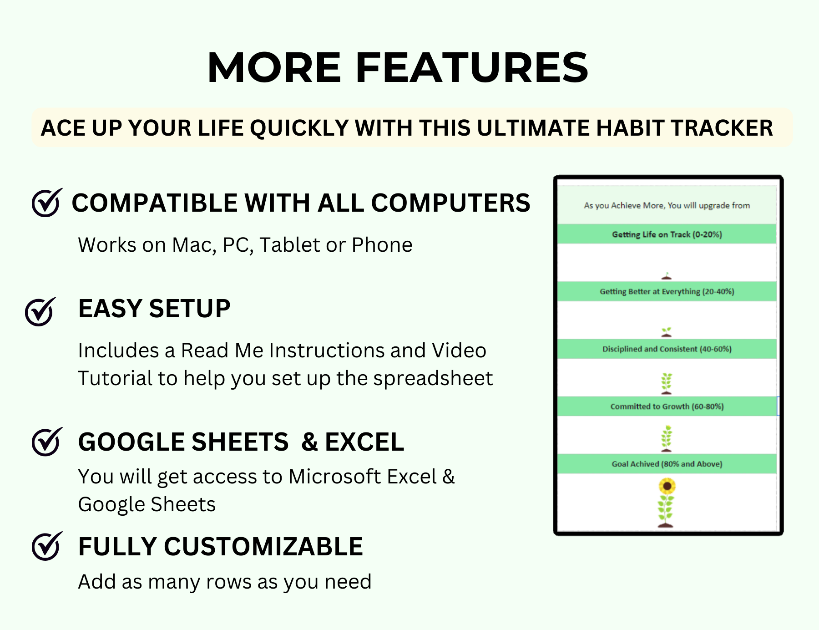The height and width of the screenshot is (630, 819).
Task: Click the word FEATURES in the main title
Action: [x=471, y=68]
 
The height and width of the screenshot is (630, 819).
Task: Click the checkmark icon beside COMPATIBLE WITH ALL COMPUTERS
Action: [x=46, y=203]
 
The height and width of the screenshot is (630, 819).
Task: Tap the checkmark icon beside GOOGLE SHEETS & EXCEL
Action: [x=46, y=442]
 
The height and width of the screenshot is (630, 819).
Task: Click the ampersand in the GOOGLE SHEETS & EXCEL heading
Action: [x=309, y=442]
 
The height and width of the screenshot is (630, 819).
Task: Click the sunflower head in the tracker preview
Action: [x=667, y=487]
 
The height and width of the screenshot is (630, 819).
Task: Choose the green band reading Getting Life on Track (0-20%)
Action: [x=667, y=234]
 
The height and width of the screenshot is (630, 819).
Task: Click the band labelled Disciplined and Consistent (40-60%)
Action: [x=667, y=349]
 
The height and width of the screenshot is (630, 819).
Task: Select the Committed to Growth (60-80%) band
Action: [x=667, y=406]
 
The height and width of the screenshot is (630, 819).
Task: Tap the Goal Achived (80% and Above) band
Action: [x=667, y=463]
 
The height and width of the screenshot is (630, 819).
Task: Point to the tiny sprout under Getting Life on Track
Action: [x=667, y=276]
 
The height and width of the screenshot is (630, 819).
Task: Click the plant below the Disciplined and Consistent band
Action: [x=667, y=383]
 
